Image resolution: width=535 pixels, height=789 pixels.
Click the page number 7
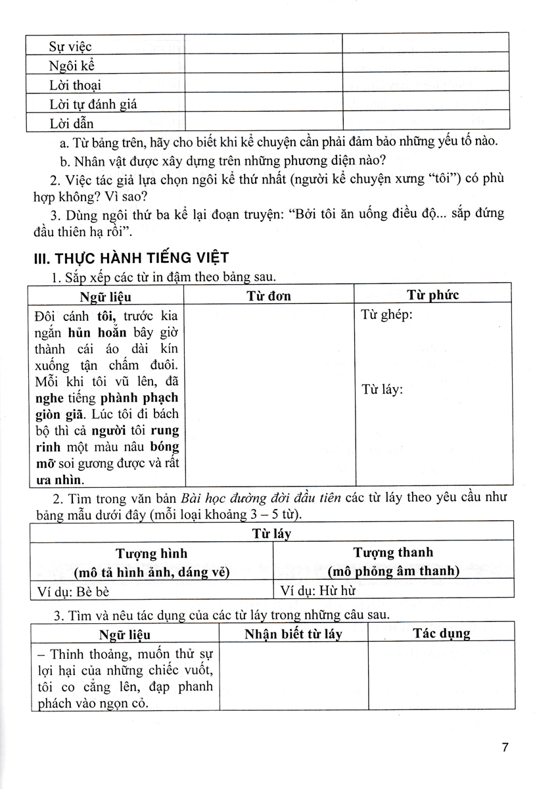click(505, 748)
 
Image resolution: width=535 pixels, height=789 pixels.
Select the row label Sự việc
click(70, 46)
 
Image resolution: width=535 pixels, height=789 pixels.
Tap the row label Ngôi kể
click(73, 66)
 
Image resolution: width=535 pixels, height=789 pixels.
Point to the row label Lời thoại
click(75, 85)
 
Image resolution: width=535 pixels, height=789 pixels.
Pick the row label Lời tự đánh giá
click(93, 104)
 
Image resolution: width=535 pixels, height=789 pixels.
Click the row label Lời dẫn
click(72, 123)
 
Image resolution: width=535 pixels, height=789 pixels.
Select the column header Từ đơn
click(269, 295)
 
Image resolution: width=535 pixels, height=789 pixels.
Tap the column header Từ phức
click(433, 295)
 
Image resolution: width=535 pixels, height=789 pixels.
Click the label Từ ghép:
click(386, 315)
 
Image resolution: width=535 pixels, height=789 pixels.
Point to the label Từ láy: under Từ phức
click(382, 389)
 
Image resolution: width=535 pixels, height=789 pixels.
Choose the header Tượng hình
click(151, 553)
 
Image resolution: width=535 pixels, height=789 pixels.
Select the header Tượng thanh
click(393, 552)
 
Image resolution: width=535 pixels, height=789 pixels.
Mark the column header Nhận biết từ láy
click(293, 634)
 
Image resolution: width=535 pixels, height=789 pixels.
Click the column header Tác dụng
click(441, 633)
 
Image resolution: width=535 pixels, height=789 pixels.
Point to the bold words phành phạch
click(139, 398)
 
